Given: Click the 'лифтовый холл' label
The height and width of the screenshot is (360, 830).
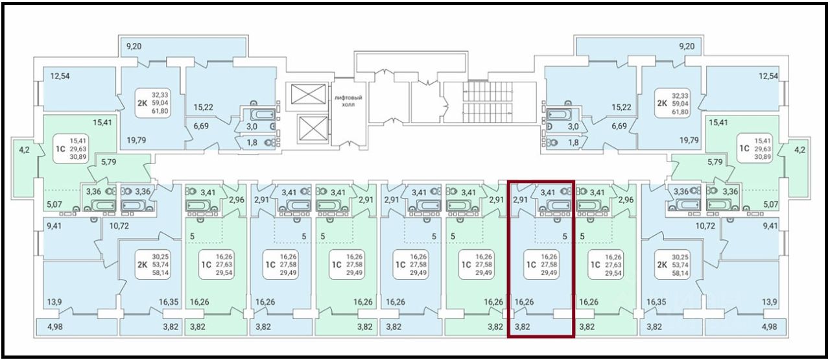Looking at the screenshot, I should pos(348,101).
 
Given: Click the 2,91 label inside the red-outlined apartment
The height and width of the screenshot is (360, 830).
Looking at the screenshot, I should pos(520,200).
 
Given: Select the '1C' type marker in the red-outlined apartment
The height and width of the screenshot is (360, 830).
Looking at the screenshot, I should pos(530,265).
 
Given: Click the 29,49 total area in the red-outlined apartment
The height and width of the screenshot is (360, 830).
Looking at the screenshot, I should pos(549,273).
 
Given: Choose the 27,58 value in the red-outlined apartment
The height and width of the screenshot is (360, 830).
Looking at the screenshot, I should pos(549,265).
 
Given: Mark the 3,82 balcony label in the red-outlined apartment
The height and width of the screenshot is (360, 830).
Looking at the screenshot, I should pos(523,327).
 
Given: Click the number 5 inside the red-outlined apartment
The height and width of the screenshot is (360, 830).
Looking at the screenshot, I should pos(565,237).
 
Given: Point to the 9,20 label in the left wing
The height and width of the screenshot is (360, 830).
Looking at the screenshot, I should pos(134,47).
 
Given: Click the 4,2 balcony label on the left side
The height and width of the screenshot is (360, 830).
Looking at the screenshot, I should pos(23,149).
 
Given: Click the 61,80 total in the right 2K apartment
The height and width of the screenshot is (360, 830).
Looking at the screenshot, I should pos(680,112).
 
